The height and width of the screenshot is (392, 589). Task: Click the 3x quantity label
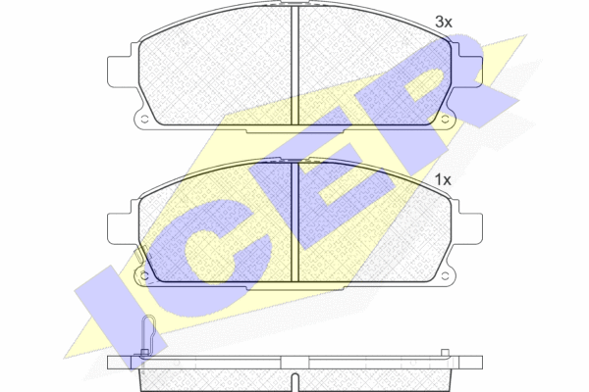click(x=444, y=23)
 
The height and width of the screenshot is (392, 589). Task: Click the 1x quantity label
click(x=443, y=180)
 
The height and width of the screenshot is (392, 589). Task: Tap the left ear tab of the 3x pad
click(x=120, y=72)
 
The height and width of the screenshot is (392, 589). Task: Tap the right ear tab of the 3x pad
click(x=470, y=72)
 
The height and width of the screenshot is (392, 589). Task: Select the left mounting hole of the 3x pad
click(x=144, y=120)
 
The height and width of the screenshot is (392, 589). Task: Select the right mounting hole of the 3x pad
click(x=445, y=120)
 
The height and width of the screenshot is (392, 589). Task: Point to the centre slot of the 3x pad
click(x=294, y=66)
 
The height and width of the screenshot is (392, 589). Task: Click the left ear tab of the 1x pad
click(x=120, y=228)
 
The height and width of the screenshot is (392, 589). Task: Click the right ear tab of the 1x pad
click(x=470, y=228)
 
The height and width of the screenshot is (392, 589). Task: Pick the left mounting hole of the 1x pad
click(x=144, y=276)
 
